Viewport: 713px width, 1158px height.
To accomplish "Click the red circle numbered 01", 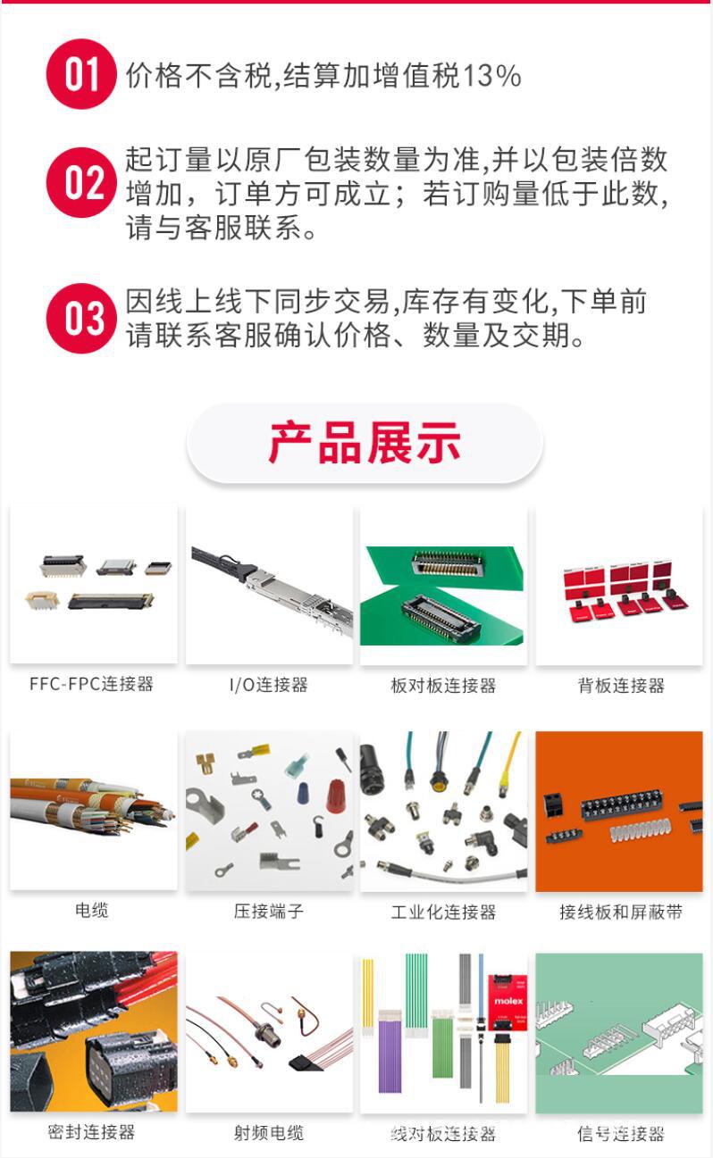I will coord(81,74).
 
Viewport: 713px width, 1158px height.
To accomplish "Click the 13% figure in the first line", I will coord(491,76).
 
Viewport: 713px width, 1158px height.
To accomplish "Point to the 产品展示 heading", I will coord(365,443).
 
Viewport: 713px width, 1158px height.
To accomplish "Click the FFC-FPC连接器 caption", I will coord(91,684).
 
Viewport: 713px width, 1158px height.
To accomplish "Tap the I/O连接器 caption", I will coord(268,685).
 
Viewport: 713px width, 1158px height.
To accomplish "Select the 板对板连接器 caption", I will coord(443,686).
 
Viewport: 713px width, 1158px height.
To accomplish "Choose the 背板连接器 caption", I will coord(621,686).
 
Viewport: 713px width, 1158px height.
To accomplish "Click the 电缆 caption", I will coord(91,911).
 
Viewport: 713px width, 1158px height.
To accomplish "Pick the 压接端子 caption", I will coord(268,912).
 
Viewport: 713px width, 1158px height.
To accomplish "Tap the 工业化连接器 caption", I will coord(443,912).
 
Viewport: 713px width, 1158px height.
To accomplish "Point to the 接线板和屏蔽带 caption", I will coord(621,912).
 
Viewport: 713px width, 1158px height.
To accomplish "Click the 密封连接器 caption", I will coord(91,1132).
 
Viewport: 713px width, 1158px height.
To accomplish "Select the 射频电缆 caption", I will coord(268,1133).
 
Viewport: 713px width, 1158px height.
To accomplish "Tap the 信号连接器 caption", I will coord(621,1134).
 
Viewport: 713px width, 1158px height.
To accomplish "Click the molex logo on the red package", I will coord(508,1001).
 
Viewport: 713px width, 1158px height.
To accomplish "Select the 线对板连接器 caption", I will coord(443,1134).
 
